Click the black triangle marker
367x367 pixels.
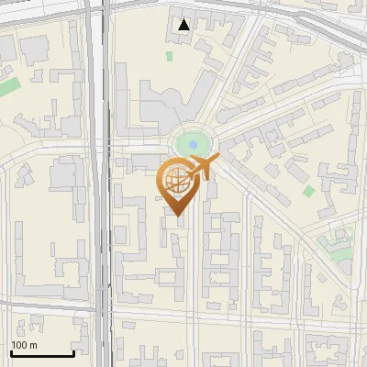click(184, 25)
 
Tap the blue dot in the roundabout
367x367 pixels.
click(192, 144)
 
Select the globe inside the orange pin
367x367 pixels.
click(175, 181)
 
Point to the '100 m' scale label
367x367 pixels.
click(25, 345)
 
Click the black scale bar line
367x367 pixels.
click(41, 353)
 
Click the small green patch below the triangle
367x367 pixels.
click(170, 56)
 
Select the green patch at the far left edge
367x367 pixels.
click(8, 87)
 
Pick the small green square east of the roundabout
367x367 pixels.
click(308, 191)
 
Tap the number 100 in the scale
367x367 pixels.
click(19, 345)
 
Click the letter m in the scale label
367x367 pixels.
click(33, 345)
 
